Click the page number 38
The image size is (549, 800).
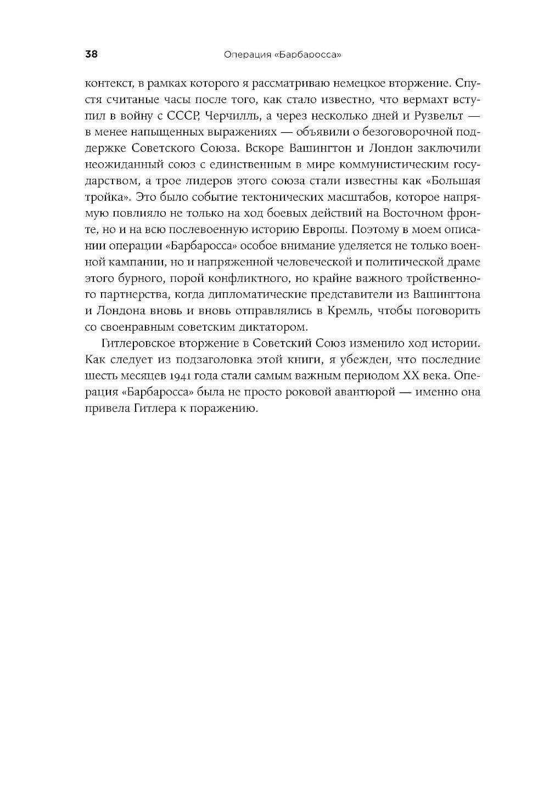click(91, 54)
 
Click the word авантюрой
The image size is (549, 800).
click(372, 393)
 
